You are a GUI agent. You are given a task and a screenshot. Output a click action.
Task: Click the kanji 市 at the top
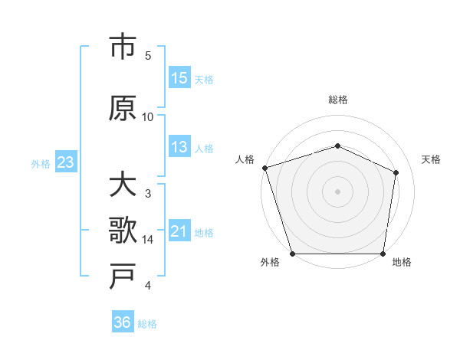click(123, 47)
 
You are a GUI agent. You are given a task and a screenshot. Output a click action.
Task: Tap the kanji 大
click(123, 186)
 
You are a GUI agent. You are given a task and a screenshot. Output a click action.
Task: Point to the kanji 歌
click(123, 231)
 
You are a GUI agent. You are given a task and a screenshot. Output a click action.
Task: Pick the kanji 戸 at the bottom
click(123, 277)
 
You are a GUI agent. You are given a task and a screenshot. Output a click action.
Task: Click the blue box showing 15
click(179, 78)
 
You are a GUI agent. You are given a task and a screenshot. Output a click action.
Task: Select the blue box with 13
click(179, 147)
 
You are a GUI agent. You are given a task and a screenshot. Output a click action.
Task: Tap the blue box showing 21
click(179, 231)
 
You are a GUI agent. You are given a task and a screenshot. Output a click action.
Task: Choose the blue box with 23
click(65, 162)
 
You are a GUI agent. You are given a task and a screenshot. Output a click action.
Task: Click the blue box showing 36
click(123, 322)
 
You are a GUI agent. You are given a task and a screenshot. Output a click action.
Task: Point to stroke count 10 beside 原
click(148, 117)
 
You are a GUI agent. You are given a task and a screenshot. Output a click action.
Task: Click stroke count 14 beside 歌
click(148, 240)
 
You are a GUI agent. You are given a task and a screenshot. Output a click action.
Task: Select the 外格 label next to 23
click(41, 163)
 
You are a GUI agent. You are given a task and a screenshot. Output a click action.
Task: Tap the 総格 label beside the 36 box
click(147, 324)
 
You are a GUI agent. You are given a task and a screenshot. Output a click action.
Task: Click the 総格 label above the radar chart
click(337, 100)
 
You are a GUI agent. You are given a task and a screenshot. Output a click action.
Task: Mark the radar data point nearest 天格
click(396, 172)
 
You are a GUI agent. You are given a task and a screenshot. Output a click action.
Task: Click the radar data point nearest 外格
click(292, 254)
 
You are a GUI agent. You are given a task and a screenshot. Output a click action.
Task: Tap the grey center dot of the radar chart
click(337, 191)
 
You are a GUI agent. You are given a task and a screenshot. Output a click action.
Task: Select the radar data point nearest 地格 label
click(383, 254)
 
